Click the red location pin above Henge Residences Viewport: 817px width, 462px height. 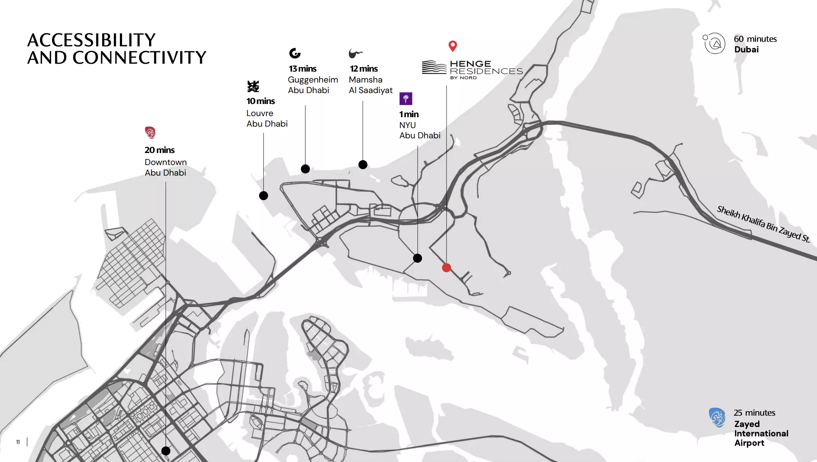pos(453,46)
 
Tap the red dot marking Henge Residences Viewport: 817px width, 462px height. pos(447,268)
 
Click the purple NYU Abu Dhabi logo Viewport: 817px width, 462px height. pos(406,99)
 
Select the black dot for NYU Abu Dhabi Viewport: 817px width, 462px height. pos(418,258)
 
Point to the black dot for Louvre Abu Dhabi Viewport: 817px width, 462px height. pos(263,196)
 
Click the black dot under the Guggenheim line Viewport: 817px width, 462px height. pos(305,169)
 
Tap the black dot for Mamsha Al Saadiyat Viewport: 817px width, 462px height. pos(363,165)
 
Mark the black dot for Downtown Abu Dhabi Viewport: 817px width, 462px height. pos(166,451)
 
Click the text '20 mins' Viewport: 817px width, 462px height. pos(159,150)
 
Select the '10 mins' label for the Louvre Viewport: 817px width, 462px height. pos(261,101)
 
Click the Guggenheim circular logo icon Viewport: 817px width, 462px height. pos(295,53)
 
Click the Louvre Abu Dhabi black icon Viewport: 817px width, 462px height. pos(253,86)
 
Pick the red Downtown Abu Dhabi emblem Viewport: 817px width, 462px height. pos(150,132)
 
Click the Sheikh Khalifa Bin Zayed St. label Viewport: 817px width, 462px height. pos(763,224)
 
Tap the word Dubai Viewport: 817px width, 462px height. pos(746,50)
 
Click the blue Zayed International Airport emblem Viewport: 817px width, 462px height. pos(717,417)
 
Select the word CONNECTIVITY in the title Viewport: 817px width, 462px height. pos(139,58)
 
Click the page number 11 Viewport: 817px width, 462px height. pos(18,442)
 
